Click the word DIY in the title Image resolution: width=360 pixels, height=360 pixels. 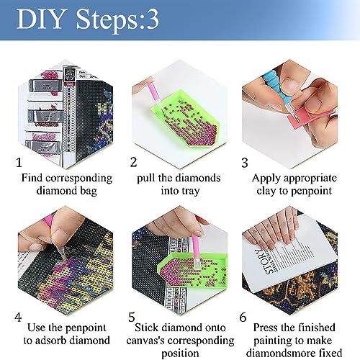41,19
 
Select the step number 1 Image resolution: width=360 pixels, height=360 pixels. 19,163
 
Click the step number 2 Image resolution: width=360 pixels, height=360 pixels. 134,162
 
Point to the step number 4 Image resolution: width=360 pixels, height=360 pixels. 18,317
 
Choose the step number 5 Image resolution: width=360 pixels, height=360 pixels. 132,317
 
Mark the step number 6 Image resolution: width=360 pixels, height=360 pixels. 243,318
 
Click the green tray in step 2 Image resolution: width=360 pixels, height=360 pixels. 185,120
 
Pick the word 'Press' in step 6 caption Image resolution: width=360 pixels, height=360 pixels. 266,328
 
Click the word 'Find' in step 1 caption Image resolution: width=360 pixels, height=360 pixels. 32,178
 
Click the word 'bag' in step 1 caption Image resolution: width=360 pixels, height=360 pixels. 88,192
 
